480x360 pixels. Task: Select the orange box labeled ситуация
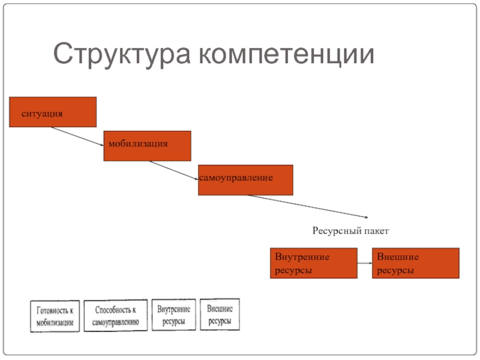[x=53, y=112]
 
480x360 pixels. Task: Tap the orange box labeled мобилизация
[x=147, y=146]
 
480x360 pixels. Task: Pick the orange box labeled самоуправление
[x=245, y=180]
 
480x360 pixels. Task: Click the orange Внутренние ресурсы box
[x=314, y=263]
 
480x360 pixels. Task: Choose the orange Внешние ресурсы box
[x=416, y=263]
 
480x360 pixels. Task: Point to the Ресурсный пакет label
[x=351, y=230]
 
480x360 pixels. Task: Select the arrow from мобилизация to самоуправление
[x=175, y=170]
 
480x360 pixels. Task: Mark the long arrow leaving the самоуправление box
[x=306, y=206]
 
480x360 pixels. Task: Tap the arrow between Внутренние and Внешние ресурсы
[x=365, y=263]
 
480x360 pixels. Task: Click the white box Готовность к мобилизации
[x=55, y=316]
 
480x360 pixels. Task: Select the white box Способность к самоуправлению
[x=115, y=316]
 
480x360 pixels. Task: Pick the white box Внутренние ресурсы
[x=173, y=314]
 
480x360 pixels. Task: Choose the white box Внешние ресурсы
[x=220, y=314]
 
